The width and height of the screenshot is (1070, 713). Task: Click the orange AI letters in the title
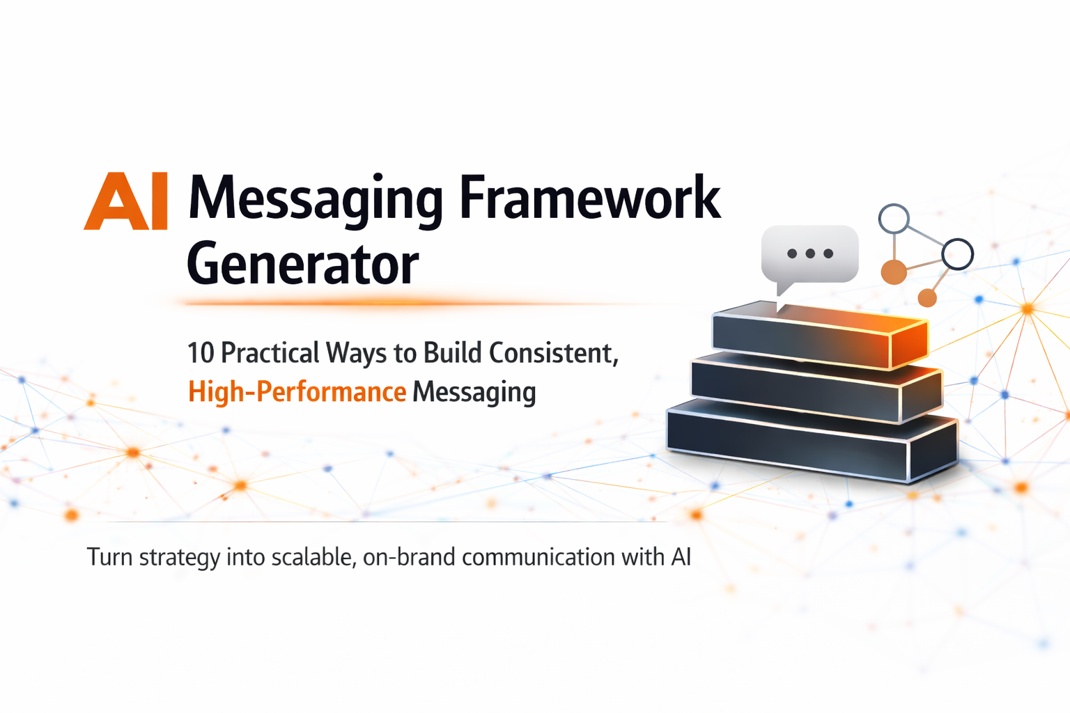coord(126,202)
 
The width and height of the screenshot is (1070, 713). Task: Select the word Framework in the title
coord(590,198)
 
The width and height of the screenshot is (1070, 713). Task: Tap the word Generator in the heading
coord(302,265)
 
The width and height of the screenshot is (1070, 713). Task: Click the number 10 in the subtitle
coord(200,353)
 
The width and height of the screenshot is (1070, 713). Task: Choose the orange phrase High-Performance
coord(297,392)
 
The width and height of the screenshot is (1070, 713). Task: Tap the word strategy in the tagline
coord(179,558)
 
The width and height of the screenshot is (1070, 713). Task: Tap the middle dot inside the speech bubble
coord(810,253)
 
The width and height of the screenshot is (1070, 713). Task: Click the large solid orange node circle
coord(894,272)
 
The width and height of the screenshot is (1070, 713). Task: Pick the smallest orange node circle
coord(926,298)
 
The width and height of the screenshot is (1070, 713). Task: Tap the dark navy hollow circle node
coord(957,253)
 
